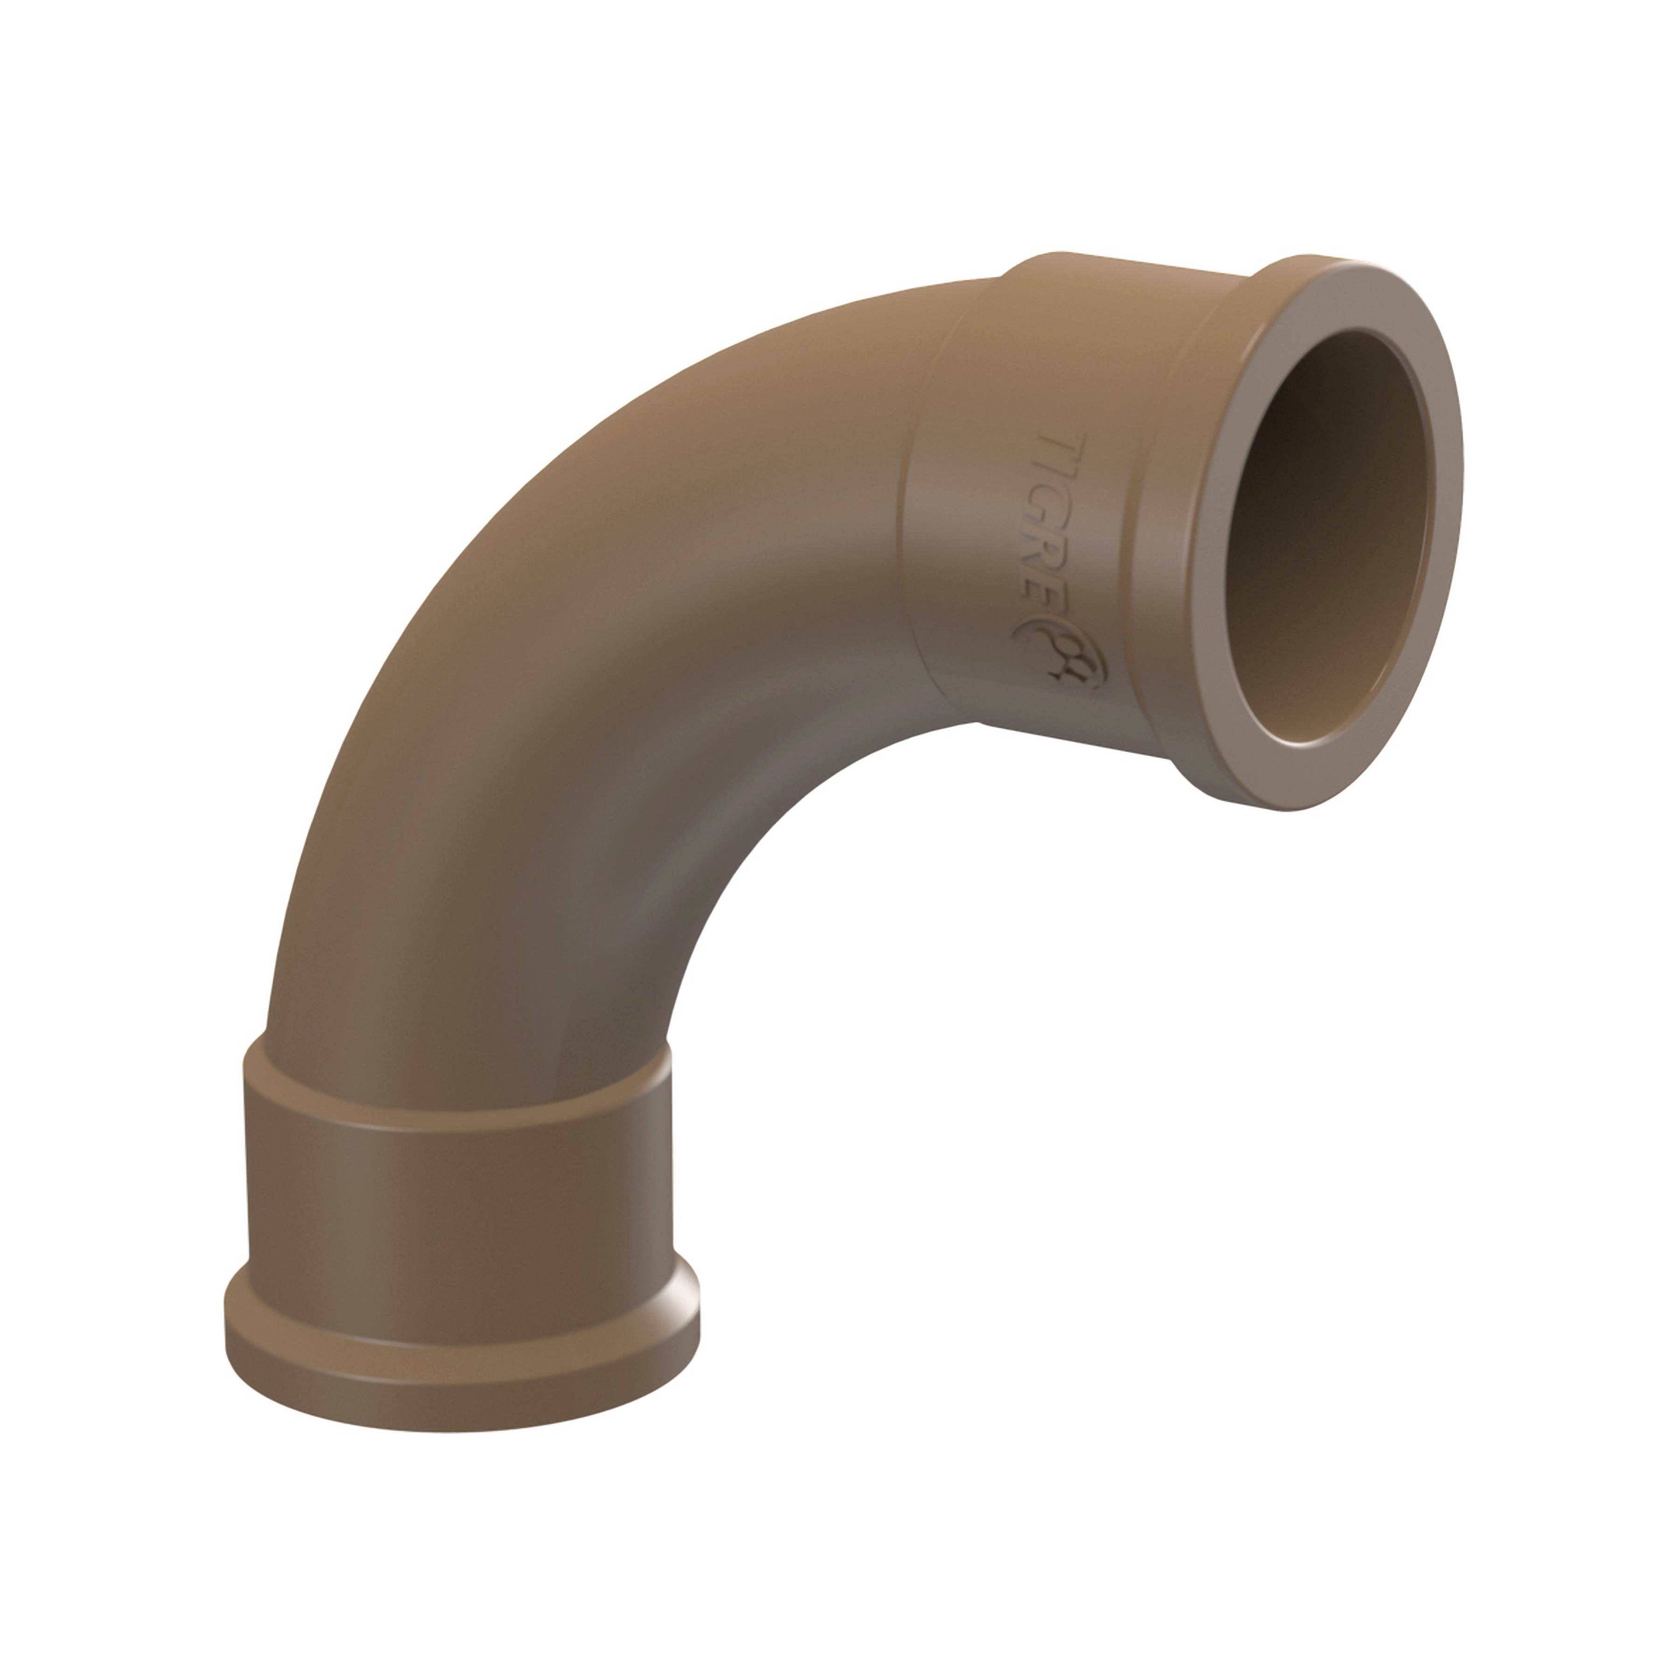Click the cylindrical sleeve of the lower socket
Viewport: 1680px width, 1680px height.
(461, 1200)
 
